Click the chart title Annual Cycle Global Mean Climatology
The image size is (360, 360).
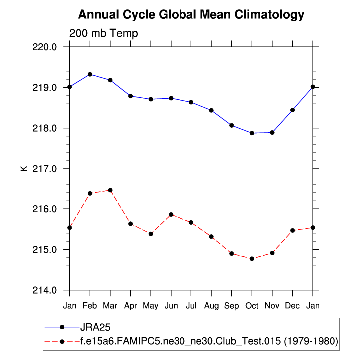pos(191,15)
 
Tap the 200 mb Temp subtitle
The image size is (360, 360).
pos(103,33)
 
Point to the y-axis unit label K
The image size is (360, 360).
pos(23,169)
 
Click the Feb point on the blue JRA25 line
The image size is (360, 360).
pos(90,74)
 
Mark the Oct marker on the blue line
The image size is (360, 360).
pos(252,133)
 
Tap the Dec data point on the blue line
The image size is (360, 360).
pos(292,110)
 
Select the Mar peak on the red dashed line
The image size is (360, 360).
pos(110,190)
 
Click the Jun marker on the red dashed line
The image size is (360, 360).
pos(171,214)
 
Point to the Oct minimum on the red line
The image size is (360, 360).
pos(252,259)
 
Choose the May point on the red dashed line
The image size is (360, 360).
pos(151,234)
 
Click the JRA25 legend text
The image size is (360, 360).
pos(95,327)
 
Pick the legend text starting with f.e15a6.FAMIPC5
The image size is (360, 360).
pos(209,342)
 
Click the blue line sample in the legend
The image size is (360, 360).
pos(62,327)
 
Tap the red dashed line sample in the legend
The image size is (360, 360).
pos(62,342)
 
